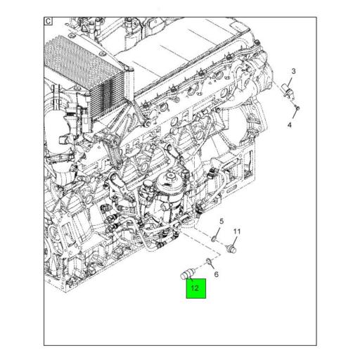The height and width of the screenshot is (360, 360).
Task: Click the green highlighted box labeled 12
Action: pos(196,288)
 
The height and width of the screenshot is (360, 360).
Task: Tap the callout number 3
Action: pos(293,72)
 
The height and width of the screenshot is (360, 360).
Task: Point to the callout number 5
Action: pos(220,222)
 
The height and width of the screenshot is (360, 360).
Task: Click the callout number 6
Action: pos(217,274)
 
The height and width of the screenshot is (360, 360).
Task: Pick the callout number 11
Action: pos(237,231)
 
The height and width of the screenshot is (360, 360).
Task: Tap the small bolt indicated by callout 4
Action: pos(298,108)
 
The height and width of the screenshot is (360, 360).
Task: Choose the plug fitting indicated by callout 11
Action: pos(234,248)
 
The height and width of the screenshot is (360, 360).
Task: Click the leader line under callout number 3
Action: pos(292,81)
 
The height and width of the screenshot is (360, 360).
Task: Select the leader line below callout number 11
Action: pos(236,239)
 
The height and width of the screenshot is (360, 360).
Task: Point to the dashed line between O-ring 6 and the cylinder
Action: pos(200,265)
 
